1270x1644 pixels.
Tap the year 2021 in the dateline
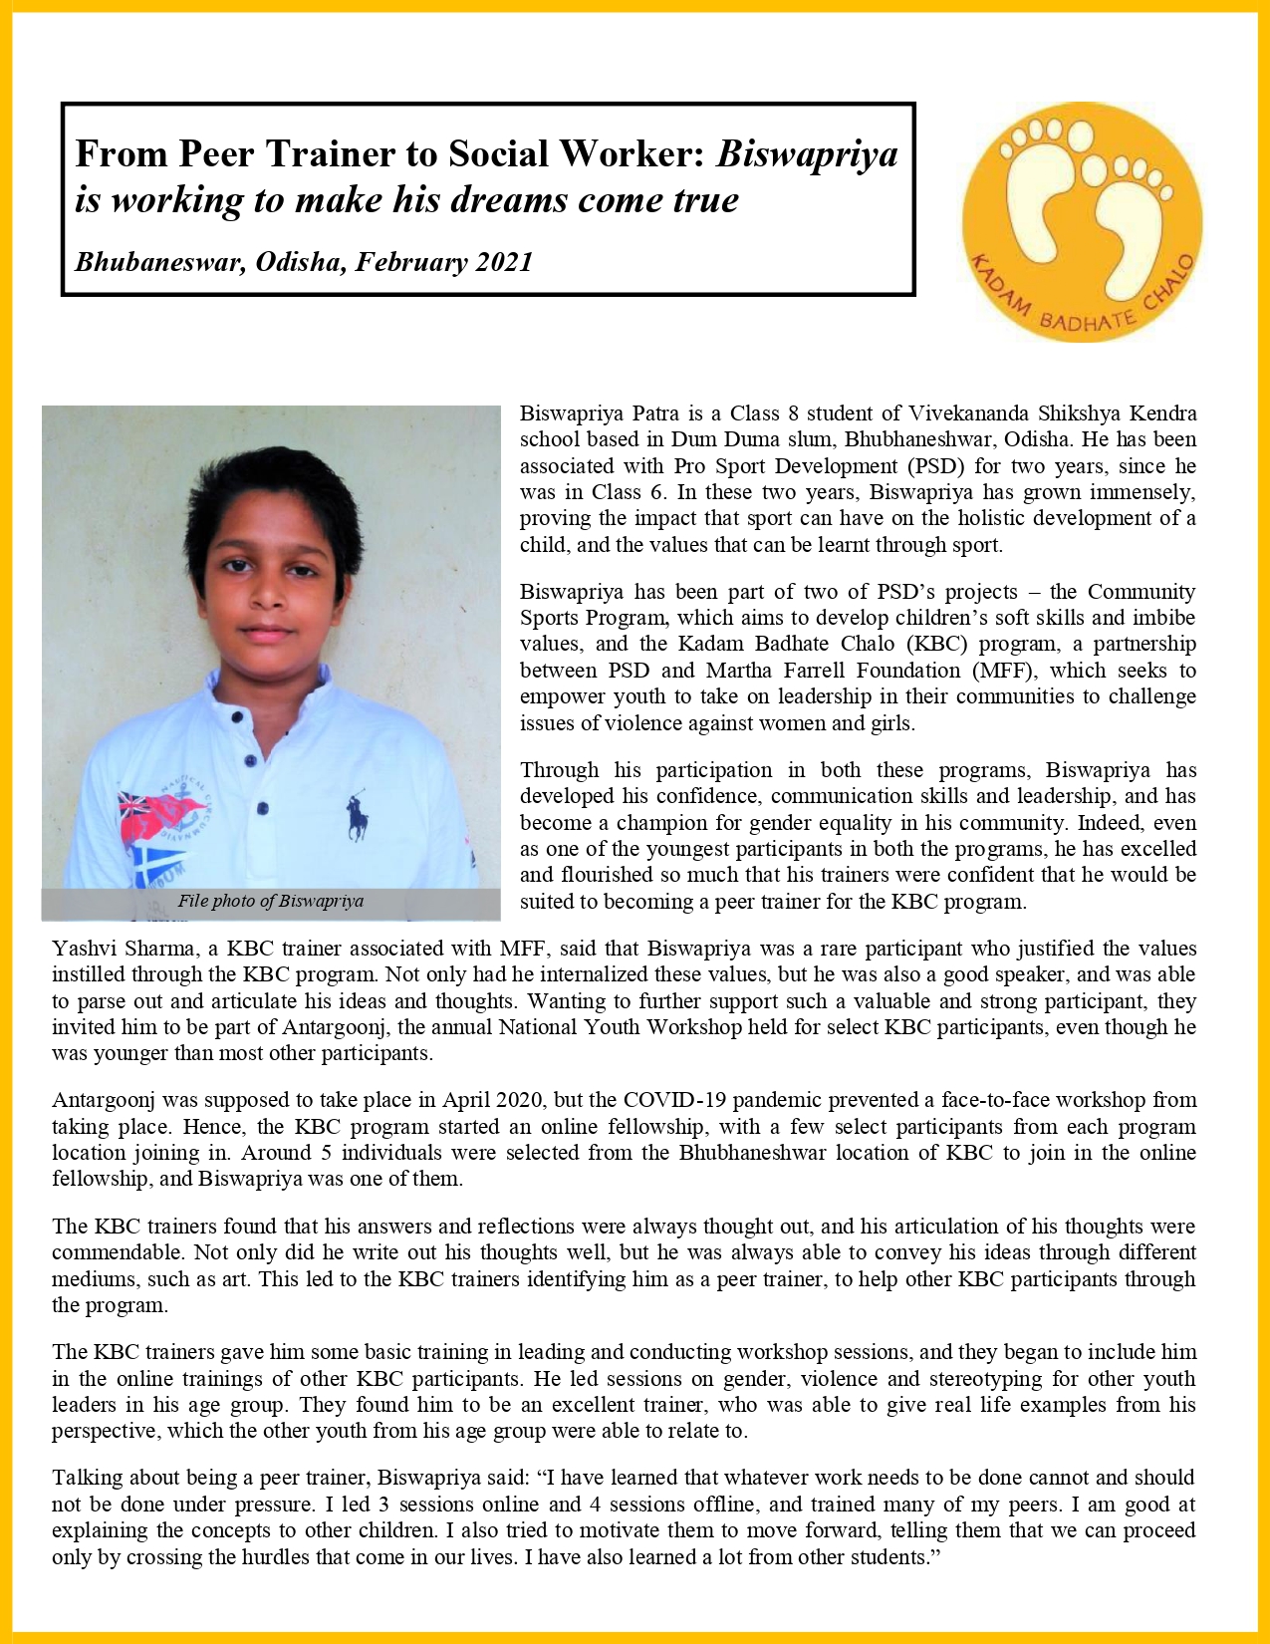coord(503,262)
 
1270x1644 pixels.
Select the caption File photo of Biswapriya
coord(271,901)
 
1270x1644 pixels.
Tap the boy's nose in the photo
coord(267,595)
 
